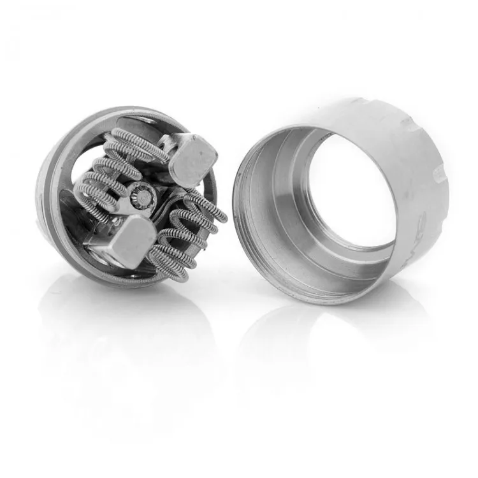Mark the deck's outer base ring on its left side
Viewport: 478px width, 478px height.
(x=50, y=191)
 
